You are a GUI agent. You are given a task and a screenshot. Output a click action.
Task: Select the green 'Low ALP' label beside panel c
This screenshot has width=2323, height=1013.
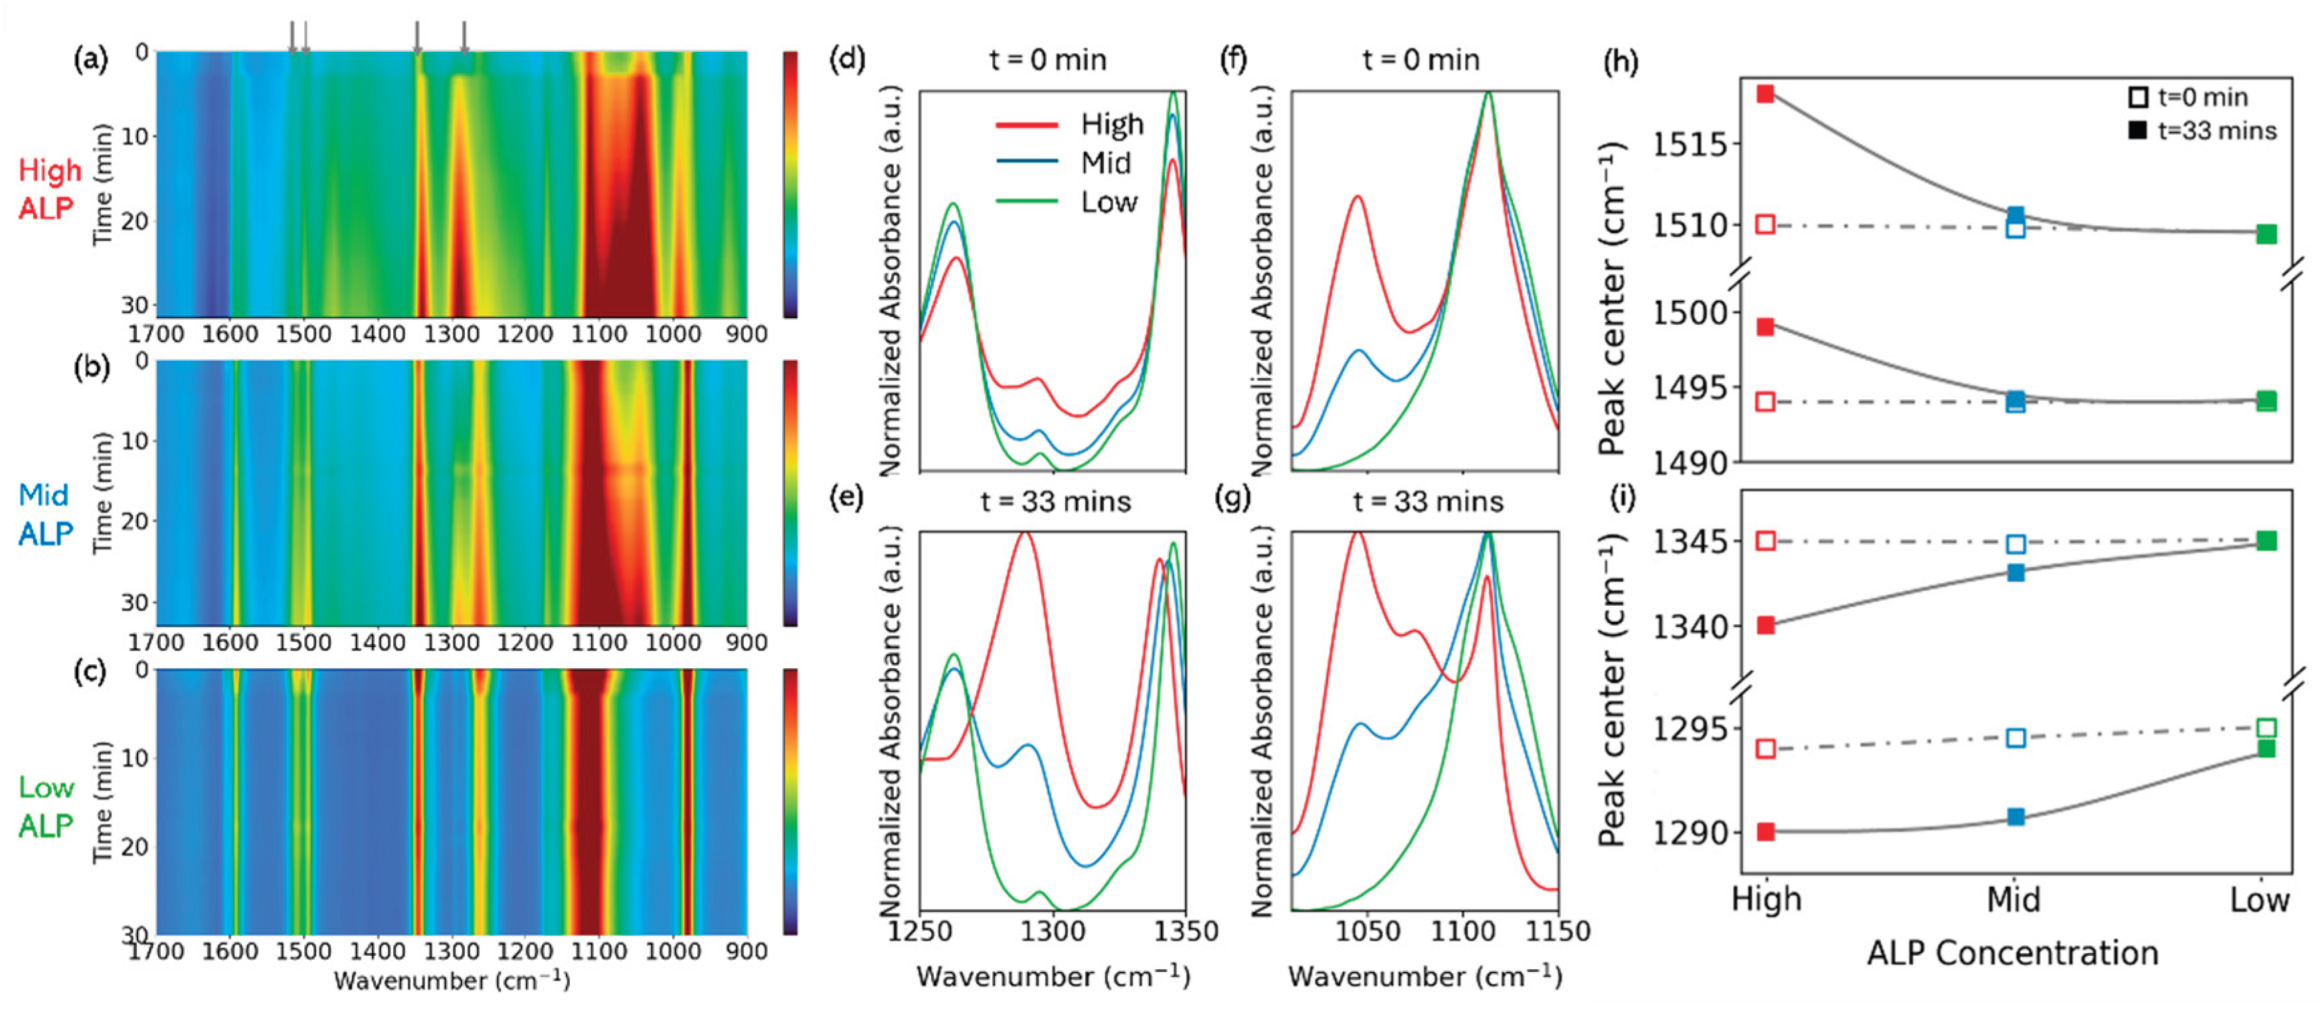pyautogui.click(x=45, y=806)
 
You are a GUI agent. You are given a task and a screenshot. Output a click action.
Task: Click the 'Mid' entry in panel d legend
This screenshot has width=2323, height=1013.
pyautogui.click(x=1106, y=163)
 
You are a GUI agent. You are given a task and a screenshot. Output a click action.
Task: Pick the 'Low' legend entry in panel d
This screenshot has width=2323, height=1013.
pyautogui.click(x=1109, y=202)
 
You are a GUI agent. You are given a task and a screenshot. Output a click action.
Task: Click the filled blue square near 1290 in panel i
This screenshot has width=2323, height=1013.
pyautogui.click(x=2016, y=817)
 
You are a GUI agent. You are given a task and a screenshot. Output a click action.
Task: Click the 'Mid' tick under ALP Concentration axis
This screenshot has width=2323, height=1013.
pyautogui.click(x=2014, y=899)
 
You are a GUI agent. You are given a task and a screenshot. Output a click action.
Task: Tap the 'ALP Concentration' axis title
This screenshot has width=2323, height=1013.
pyautogui.click(x=2012, y=953)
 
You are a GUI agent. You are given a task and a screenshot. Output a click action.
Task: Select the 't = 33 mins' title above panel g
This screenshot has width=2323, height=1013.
pyautogui.click(x=1428, y=502)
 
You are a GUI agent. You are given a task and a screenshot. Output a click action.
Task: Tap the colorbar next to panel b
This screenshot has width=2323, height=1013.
pyautogui.click(x=790, y=492)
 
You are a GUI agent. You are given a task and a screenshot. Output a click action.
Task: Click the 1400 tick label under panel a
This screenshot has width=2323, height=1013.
pyautogui.click(x=377, y=335)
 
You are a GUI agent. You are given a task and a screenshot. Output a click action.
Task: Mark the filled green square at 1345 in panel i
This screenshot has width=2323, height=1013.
pyautogui.click(x=2266, y=540)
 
